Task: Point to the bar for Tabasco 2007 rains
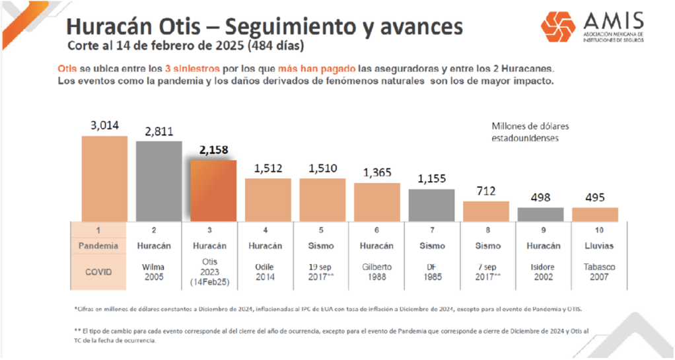click(x=594, y=214)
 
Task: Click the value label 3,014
click(x=104, y=125)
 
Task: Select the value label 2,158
click(x=213, y=151)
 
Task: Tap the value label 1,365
click(x=376, y=173)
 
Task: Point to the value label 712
click(x=485, y=192)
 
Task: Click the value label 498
click(x=540, y=198)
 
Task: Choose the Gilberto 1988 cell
click(x=376, y=271)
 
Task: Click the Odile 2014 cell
click(x=267, y=271)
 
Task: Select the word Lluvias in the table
click(x=594, y=246)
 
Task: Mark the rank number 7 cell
click(x=431, y=230)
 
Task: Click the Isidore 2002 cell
click(x=540, y=271)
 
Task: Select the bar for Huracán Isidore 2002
click(x=540, y=214)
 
